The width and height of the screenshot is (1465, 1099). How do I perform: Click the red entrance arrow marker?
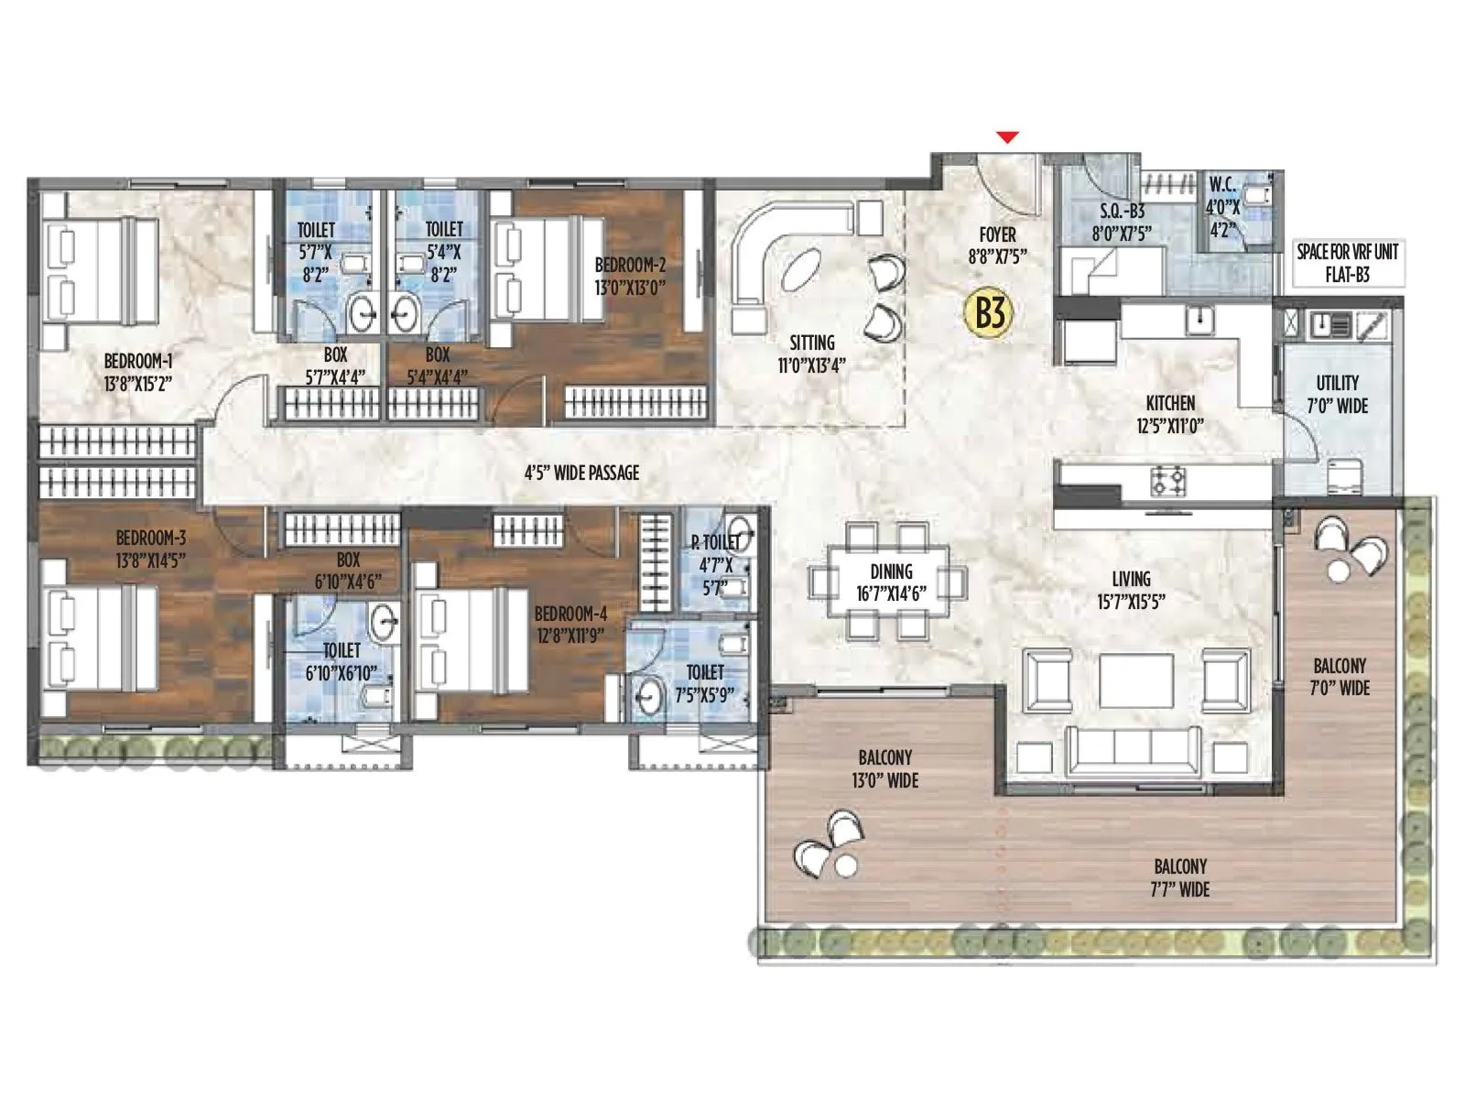coord(1007,138)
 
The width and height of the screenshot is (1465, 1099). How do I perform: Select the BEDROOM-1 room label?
coord(138,371)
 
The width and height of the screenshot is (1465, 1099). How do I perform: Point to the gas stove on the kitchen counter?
coord(1169,479)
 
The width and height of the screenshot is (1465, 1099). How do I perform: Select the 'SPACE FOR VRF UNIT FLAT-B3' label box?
coord(1347,263)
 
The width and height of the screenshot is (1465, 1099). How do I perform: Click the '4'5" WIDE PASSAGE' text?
coord(581,473)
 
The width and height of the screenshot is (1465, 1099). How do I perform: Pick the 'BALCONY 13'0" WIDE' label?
coord(884,769)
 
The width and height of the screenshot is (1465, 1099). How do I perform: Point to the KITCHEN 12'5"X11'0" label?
coord(1169,414)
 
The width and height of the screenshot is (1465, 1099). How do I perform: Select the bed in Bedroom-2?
coord(548,267)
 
